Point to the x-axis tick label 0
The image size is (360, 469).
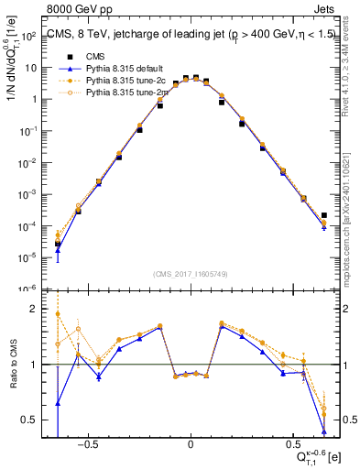coord(190,451)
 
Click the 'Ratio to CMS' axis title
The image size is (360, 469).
coord(12,365)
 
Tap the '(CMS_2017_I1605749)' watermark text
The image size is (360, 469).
coord(190,274)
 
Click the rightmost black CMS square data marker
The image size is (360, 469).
coord(324,215)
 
